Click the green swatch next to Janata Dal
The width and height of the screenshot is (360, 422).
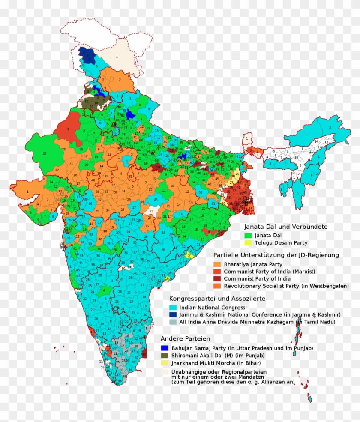[x=247, y=235]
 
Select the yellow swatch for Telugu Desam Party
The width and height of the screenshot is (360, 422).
[x=247, y=243]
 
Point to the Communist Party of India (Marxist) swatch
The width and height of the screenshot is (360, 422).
[x=217, y=271]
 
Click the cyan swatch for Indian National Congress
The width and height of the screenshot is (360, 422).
[x=173, y=308]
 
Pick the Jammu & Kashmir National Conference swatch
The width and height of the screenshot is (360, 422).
[x=173, y=315]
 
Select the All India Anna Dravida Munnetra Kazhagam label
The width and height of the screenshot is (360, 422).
[x=257, y=322]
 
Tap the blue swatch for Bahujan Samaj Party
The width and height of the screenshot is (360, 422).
[x=164, y=348]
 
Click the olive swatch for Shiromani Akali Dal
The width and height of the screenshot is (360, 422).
[x=164, y=355]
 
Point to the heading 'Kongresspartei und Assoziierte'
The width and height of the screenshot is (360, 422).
[x=217, y=298]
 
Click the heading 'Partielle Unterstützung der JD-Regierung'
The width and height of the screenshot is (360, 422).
[x=276, y=255]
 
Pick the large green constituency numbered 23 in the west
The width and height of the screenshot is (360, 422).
[x=45, y=153]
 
